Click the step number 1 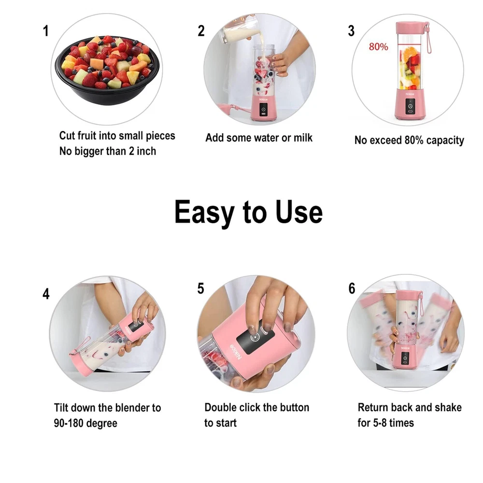[x=46, y=31]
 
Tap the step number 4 [x=46, y=294]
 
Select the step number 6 [x=352, y=288]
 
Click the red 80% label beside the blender [x=378, y=47]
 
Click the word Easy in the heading [x=204, y=213]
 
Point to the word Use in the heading [x=299, y=212]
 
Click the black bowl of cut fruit [x=108, y=70]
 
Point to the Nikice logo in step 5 [x=236, y=352]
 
